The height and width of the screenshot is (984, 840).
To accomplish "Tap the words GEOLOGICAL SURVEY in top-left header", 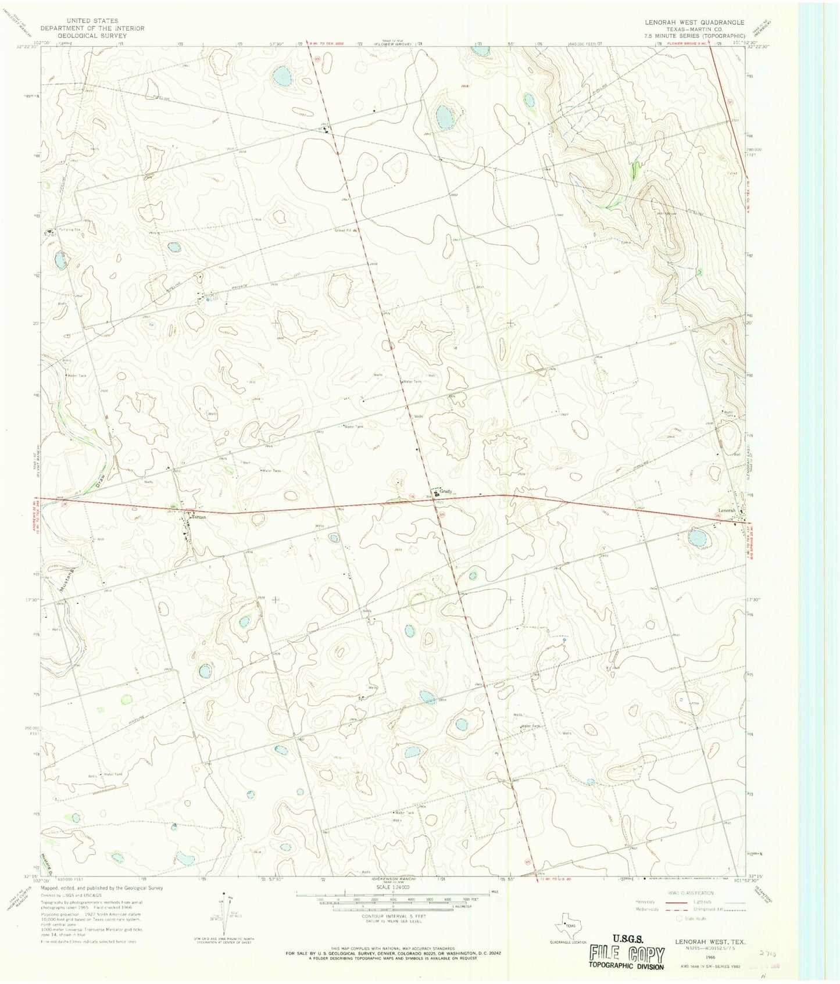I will (x=92, y=35).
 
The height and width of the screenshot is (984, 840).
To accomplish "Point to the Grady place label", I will (x=445, y=491).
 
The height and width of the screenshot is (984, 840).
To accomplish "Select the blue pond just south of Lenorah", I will (x=698, y=537).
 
